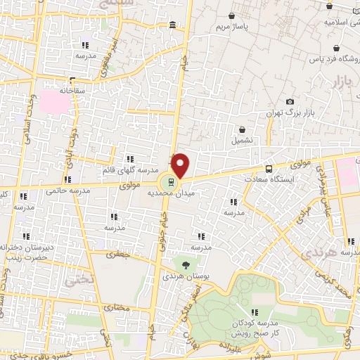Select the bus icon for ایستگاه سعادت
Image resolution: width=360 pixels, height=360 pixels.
pyautogui.click(x=269, y=169)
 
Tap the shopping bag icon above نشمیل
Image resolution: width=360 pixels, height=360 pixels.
pyautogui.click(x=242, y=130)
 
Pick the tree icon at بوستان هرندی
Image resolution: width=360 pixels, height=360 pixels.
pyautogui.click(x=186, y=264)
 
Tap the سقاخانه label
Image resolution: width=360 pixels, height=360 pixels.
pyautogui.click(x=72, y=91)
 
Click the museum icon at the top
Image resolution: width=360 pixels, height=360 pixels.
pyautogui.click(x=173, y=26)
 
